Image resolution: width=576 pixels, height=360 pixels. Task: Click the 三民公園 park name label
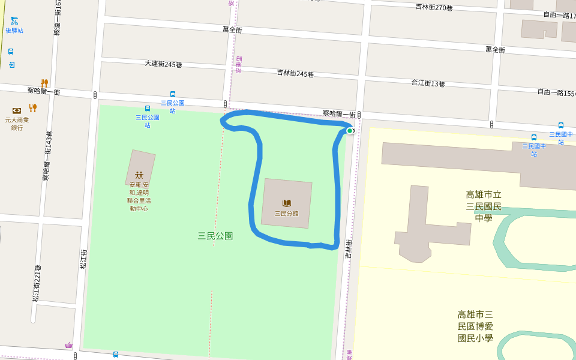click(x=215, y=236)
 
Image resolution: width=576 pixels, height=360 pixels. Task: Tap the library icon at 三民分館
click(x=287, y=203)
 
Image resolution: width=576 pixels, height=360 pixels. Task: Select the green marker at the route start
click(x=350, y=130)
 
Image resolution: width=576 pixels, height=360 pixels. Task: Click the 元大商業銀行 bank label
click(x=17, y=124)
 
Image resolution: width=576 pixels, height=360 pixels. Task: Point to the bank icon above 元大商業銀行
click(x=17, y=110)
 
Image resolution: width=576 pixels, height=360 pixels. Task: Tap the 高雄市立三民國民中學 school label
click(x=484, y=206)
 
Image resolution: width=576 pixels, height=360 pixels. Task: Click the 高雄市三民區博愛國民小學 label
click(x=475, y=326)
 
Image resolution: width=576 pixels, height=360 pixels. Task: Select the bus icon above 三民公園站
click(x=148, y=109)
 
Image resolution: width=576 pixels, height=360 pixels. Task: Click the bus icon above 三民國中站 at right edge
click(x=561, y=125)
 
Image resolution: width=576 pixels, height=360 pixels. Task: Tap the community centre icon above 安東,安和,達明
click(x=139, y=175)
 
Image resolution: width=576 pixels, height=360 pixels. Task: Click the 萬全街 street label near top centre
click(x=232, y=29)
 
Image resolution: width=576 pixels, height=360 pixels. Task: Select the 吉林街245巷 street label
click(x=295, y=73)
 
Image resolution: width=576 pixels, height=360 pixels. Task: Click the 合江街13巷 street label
click(x=428, y=83)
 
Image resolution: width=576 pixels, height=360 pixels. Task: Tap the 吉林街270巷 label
click(x=434, y=7)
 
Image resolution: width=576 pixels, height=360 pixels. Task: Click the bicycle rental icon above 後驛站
click(x=14, y=21)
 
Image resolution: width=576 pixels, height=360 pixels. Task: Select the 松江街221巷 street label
click(x=37, y=283)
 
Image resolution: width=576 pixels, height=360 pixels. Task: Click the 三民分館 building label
click(x=287, y=213)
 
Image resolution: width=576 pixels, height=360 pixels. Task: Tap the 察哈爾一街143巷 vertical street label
click(x=46, y=156)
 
